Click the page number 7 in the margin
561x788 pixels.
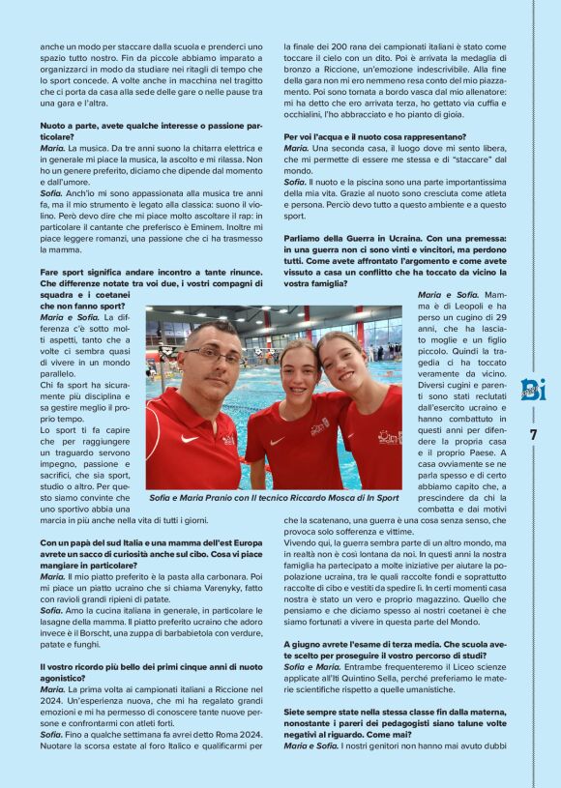click(x=533, y=434)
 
